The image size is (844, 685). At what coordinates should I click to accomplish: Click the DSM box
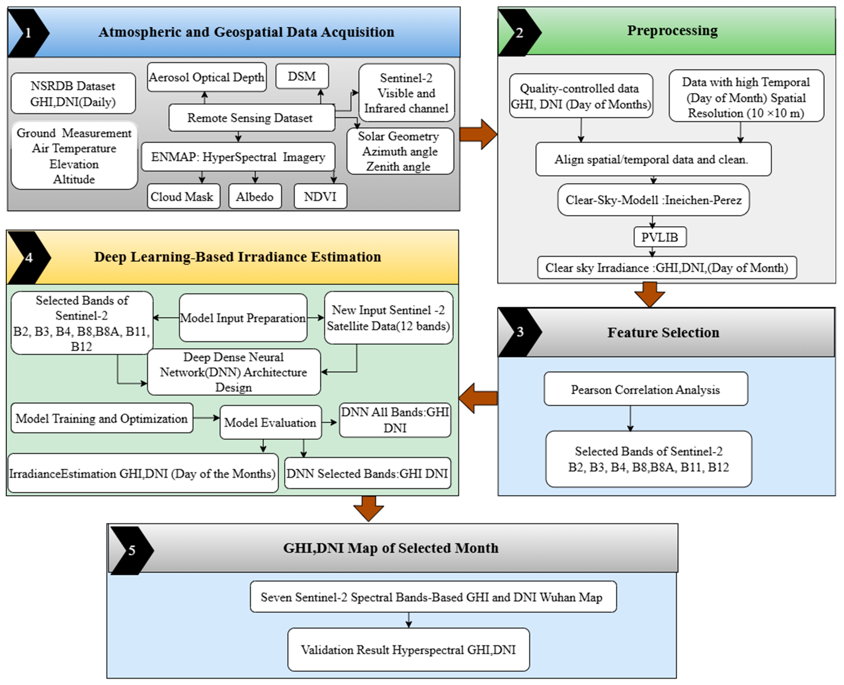tap(302, 76)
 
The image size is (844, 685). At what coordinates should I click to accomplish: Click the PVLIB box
tap(660, 237)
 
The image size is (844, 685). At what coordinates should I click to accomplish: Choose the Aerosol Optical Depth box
tap(206, 77)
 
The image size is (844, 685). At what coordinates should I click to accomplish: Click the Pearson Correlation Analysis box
tap(645, 390)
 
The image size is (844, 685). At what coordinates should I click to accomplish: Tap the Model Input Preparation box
tap(243, 318)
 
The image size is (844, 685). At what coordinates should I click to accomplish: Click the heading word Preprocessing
tap(672, 30)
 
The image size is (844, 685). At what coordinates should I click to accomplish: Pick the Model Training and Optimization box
tap(102, 418)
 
